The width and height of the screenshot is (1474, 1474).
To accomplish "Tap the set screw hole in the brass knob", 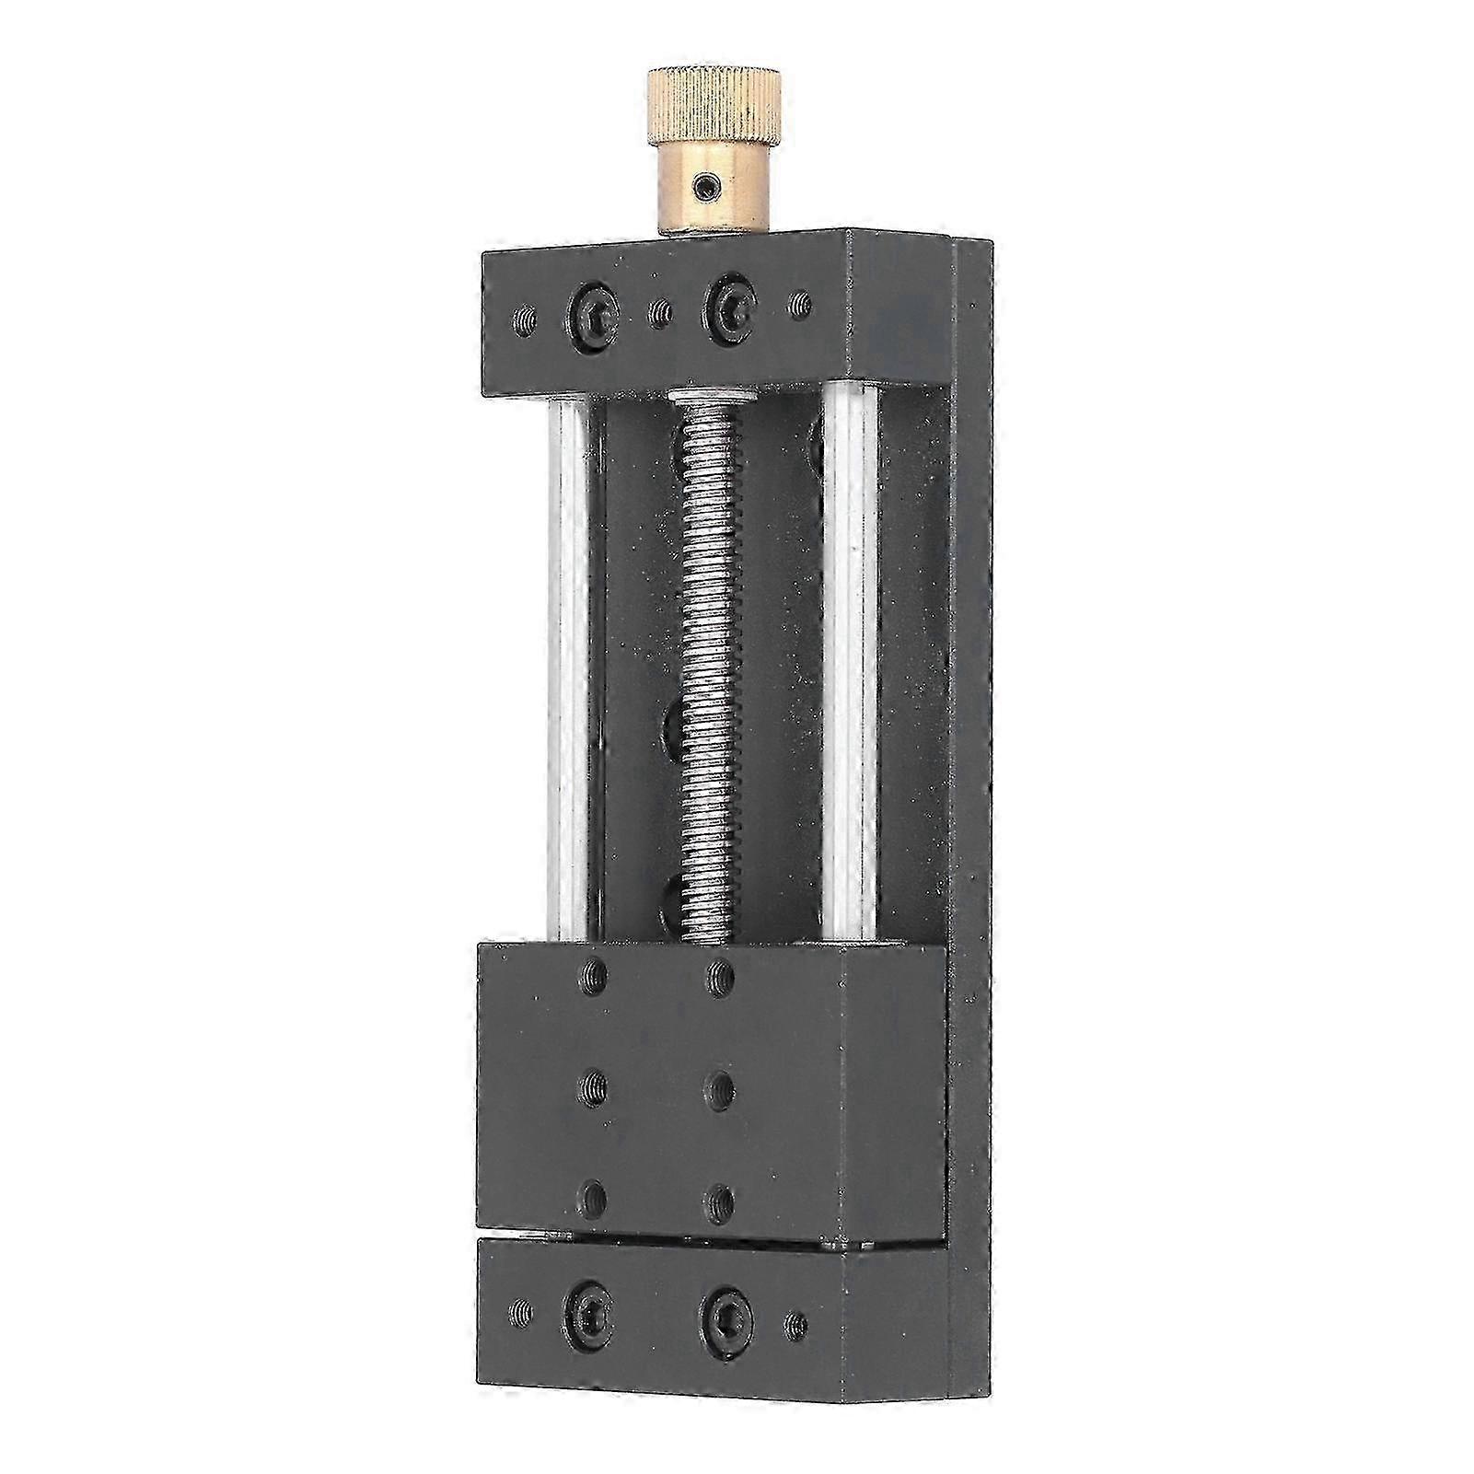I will click(x=706, y=190).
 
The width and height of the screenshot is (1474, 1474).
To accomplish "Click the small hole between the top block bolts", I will click(x=659, y=315).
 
